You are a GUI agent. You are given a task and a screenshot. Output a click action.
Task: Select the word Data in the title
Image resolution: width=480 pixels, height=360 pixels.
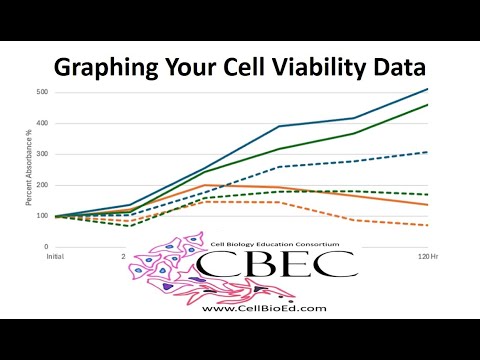tap(398, 68)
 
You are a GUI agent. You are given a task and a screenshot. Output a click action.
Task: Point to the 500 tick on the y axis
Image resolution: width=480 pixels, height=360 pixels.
tap(41, 93)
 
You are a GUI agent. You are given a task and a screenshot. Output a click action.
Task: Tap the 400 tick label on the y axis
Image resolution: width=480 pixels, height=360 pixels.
tap(41, 124)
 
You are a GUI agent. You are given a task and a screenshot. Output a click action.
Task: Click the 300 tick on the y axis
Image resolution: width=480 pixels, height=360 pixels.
tap(41, 155)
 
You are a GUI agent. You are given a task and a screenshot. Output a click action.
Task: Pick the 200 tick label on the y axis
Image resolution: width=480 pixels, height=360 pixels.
tap(41, 185)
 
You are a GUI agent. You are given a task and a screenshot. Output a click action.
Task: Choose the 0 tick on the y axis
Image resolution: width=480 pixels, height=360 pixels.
tap(44, 246)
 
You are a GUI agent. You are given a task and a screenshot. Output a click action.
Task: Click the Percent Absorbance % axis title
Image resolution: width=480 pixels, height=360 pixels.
tap(28, 170)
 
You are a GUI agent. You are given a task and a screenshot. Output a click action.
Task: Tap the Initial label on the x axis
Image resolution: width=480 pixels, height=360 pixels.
tap(56, 256)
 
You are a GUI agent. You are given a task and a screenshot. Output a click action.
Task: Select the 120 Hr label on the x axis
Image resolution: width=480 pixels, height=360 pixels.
tap(417, 256)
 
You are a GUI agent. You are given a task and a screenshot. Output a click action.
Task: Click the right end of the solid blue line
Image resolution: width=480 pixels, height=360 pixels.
tap(428, 89)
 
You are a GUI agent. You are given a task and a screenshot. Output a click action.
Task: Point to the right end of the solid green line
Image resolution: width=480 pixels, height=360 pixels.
tap(428, 105)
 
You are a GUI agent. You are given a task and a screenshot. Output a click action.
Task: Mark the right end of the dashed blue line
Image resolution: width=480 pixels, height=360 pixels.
tap(428, 152)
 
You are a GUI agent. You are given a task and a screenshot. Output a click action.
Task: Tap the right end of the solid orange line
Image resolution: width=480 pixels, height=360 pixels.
tap(428, 205)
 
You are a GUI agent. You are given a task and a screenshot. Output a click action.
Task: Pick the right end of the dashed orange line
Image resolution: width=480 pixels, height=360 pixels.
tap(428, 225)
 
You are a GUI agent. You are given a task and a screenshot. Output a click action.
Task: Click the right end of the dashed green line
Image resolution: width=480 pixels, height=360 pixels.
tap(428, 194)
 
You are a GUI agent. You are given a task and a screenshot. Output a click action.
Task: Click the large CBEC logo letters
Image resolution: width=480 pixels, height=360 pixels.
tap(276, 265)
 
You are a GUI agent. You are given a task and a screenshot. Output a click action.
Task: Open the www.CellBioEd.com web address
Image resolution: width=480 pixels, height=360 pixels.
tap(263, 308)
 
